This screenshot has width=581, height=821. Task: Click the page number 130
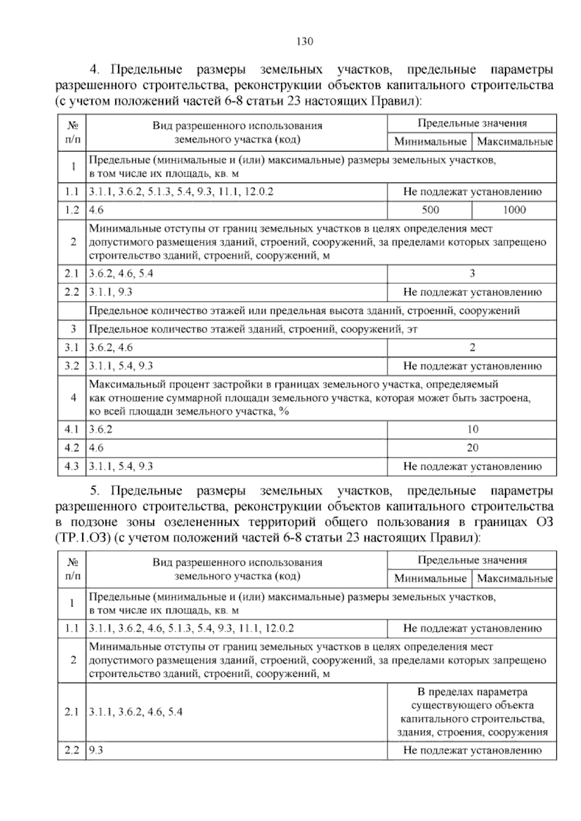point(305,41)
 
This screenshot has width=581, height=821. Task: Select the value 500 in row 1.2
point(430,210)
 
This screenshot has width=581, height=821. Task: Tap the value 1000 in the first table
point(514,210)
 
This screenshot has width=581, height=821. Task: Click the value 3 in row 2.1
point(472,274)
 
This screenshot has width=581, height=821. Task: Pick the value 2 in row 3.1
point(472,348)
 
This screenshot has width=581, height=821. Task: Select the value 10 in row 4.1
point(472,429)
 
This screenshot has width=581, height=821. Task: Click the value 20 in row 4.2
point(472,448)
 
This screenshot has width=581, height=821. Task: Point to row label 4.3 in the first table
point(72,467)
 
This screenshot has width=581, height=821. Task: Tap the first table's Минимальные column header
point(430,142)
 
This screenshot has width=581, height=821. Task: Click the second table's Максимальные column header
point(514,578)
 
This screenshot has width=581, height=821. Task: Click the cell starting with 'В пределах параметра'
point(472,712)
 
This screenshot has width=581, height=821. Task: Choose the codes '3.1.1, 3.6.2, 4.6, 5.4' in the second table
point(136,712)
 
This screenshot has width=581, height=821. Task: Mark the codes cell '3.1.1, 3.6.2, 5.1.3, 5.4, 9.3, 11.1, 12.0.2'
point(181,192)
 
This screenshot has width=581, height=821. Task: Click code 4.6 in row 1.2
point(96,210)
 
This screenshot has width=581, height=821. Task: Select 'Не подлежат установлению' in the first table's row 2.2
point(472,292)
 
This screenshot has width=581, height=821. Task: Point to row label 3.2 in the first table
point(72,366)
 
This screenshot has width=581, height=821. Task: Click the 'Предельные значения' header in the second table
point(472,560)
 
